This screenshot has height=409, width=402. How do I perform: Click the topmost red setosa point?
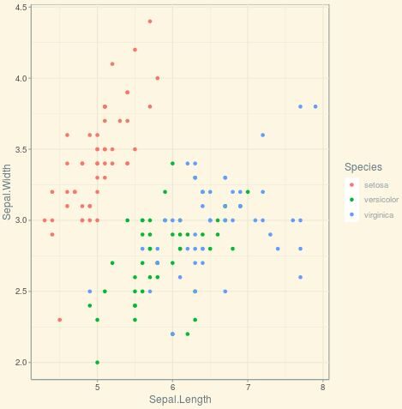coord(150,21)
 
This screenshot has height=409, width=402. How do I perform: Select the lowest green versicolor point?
coord(97,362)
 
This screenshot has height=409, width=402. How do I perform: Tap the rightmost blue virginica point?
coord(315,106)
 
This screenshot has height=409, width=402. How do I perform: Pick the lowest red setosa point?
coord(59,320)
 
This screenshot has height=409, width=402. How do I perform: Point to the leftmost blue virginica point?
coord(89,292)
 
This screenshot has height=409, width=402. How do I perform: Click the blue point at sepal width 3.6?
coord(262,135)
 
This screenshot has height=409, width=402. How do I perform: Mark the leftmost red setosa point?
coord(45,220)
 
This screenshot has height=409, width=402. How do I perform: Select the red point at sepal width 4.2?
coord(135,50)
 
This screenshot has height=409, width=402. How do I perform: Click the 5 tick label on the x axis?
coord(97,387)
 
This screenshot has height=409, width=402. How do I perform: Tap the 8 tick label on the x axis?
coord(323,387)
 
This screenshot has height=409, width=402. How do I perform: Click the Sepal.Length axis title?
coord(179,400)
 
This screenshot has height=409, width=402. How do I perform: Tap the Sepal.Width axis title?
coord(7,192)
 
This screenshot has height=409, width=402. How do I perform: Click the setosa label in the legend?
coord(376,185)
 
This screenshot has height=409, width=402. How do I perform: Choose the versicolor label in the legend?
coord(381,200)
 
